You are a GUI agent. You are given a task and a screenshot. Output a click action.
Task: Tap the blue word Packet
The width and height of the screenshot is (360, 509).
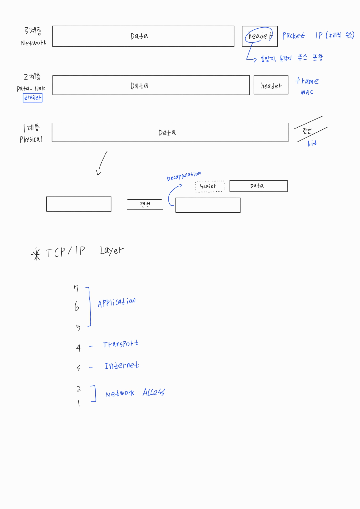[293, 35]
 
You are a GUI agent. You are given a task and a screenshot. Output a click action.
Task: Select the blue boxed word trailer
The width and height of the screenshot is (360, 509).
[33, 98]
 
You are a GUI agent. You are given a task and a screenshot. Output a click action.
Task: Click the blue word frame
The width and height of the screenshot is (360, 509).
[307, 81]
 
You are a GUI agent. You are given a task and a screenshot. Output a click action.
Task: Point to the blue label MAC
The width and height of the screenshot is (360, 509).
[307, 92]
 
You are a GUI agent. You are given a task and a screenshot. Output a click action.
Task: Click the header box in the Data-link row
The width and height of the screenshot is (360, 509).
[271, 85]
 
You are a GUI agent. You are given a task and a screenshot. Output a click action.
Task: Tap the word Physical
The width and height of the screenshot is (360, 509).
[31, 139]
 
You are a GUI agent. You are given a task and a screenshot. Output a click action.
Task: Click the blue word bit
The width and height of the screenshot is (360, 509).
[312, 143]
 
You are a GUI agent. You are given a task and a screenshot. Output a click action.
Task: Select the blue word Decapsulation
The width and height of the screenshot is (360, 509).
[184, 176]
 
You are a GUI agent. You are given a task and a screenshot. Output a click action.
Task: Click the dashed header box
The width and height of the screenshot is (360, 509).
[210, 186]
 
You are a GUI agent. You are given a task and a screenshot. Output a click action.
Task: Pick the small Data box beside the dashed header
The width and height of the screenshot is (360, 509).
[258, 186]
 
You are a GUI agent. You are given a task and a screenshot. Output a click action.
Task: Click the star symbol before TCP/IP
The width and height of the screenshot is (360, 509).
[36, 254]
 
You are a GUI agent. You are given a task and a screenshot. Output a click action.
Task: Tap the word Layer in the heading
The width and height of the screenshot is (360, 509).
[112, 250]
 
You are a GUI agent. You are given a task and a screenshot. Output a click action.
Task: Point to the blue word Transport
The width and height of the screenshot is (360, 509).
[120, 344]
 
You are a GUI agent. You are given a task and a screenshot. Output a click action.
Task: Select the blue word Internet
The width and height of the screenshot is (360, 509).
[122, 366]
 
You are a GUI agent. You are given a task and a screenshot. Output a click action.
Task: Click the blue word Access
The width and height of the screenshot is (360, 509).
[154, 392]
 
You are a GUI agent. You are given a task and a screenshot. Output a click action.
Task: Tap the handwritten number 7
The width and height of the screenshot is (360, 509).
[76, 289]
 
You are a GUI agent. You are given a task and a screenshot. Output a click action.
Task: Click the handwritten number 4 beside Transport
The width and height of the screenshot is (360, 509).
[79, 348]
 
